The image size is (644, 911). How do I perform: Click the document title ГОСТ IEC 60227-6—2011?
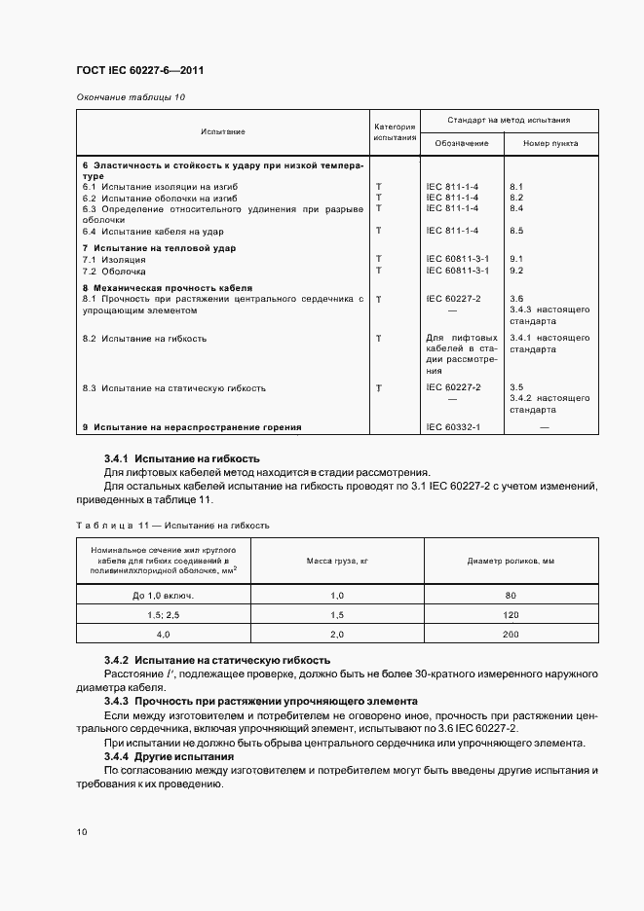pyautogui.click(x=138, y=70)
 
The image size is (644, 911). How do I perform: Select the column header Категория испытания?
pyautogui.click(x=395, y=132)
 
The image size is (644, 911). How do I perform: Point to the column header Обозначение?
pyautogui.click(x=462, y=143)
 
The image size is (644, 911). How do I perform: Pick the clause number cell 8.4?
pyautogui.click(x=516, y=207)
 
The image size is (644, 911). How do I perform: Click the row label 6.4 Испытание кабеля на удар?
pyautogui.click(x=153, y=231)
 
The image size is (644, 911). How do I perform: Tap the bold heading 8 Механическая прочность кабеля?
pyautogui.click(x=167, y=289)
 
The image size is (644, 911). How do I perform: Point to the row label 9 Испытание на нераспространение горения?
pyautogui.click(x=191, y=427)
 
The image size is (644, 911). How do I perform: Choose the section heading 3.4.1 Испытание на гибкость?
pyautogui.click(x=181, y=458)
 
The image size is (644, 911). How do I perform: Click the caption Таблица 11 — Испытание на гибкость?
pyautogui.click(x=172, y=525)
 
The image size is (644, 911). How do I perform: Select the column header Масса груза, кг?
pyautogui.click(x=337, y=561)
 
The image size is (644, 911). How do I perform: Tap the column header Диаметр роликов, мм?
pyautogui.click(x=511, y=561)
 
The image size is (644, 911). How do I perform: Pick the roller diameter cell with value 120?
pyautogui.click(x=511, y=616)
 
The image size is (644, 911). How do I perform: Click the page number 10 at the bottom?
pyautogui.click(x=82, y=832)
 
